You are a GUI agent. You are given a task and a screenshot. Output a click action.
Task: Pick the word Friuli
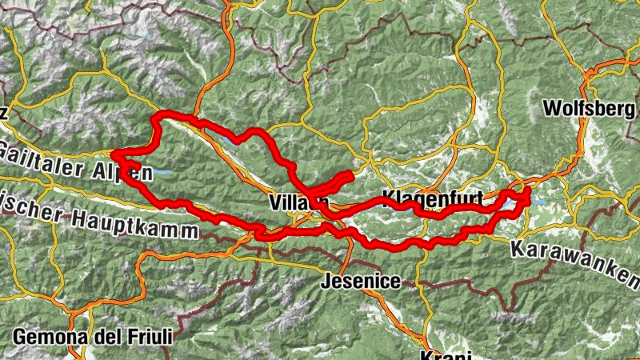click(x=146, y=337)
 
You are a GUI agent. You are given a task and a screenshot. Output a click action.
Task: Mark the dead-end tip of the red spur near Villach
click(x=350, y=174)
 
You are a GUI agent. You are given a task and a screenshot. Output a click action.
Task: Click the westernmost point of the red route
click(x=113, y=153)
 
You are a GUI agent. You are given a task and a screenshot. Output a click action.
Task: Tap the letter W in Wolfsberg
click(x=551, y=108)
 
